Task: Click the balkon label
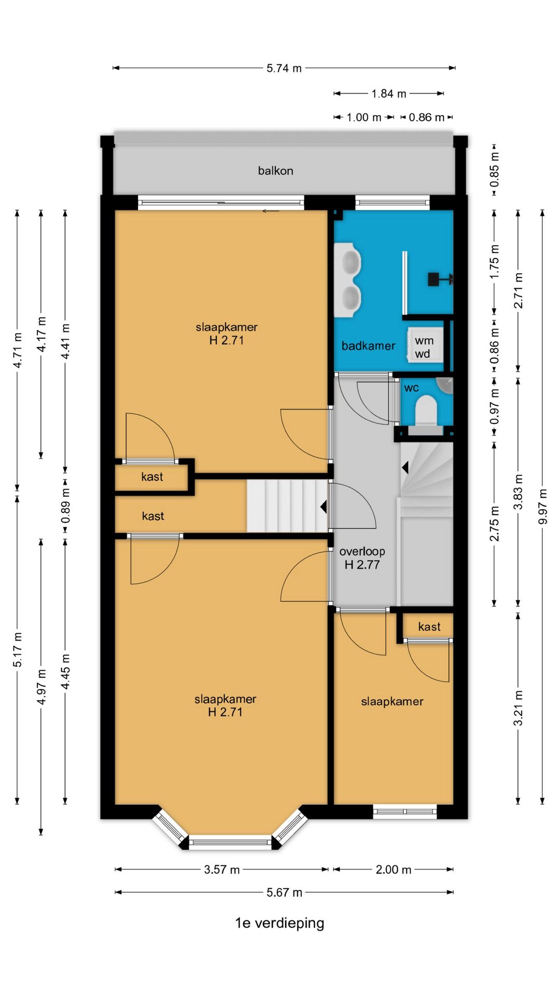[275, 170]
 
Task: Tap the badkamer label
[368, 346]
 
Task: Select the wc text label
[411, 388]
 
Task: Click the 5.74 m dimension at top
[284, 68]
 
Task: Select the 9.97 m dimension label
[542, 506]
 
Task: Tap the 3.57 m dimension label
[222, 870]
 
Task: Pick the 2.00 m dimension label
[394, 870]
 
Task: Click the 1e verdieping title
[279, 923]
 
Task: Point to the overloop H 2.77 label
[362, 558]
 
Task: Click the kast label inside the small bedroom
[429, 627]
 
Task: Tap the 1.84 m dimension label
[389, 94]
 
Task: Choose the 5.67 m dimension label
[284, 892]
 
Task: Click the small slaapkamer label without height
[392, 701]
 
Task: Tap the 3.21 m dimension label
[518, 708]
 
